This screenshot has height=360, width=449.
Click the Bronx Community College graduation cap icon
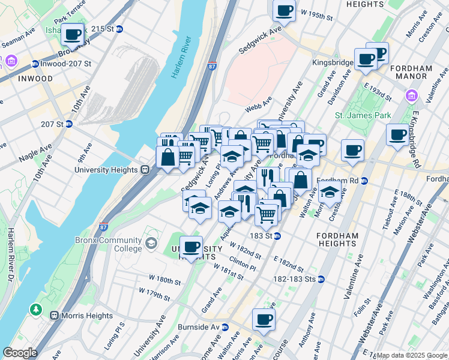[151, 243]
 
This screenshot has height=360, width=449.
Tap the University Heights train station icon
[145, 170]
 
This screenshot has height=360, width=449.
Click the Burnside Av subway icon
[224, 327]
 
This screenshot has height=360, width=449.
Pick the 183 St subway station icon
[277, 236]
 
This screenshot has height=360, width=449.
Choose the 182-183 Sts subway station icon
[321, 279]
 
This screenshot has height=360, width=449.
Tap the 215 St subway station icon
[119, 29]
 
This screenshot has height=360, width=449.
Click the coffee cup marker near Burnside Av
[264, 319]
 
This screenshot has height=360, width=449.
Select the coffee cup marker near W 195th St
[284, 10]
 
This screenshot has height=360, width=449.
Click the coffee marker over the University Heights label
[191, 246]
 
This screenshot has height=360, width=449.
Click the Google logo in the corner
[20, 353]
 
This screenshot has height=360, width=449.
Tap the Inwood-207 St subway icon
[35, 64]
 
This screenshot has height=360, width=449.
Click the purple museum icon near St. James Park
[411, 95]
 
